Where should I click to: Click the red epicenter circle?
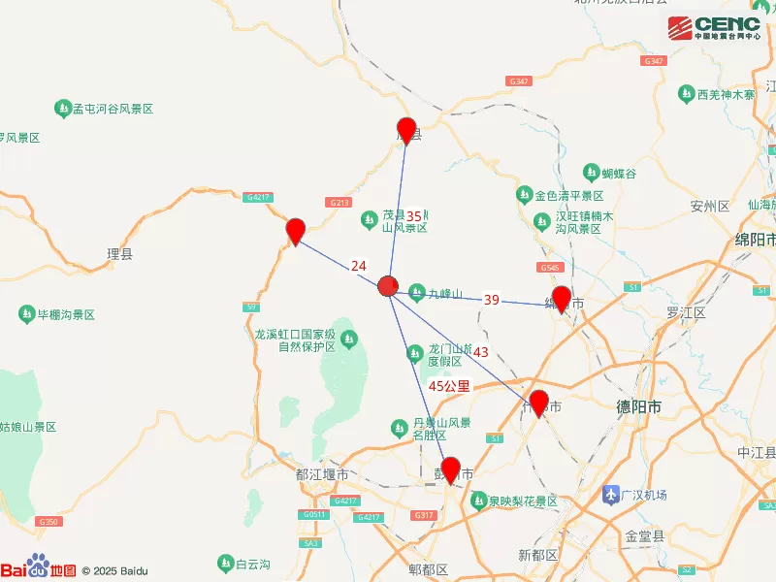point(388,285)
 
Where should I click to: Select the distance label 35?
point(414,216)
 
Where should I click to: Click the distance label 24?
point(359,265)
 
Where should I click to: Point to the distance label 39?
point(492,300)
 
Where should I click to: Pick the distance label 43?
point(481,351)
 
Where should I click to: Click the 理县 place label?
point(119,255)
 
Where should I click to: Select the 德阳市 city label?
point(638,407)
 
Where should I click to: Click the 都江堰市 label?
point(320,474)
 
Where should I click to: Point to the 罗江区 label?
point(685,313)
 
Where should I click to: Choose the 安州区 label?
point(709,207)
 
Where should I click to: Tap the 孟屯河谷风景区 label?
point(113,109)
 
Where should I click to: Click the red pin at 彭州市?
point(451,469)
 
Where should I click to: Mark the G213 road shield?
point(339,202)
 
